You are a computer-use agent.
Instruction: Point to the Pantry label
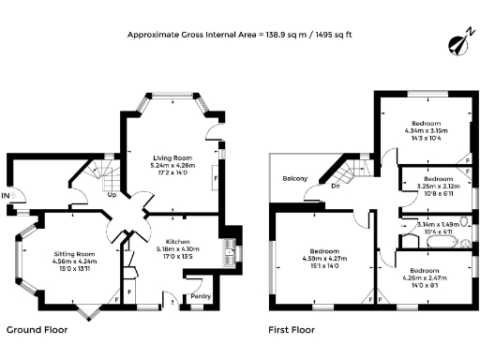[x=201, y=297]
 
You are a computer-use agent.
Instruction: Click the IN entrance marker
[x=7, y=195]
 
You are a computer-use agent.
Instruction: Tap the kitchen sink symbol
[x=230, y=250]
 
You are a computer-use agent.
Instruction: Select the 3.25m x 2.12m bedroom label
[x=438, y=178]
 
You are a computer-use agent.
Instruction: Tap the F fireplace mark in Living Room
[x=217, y=175]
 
